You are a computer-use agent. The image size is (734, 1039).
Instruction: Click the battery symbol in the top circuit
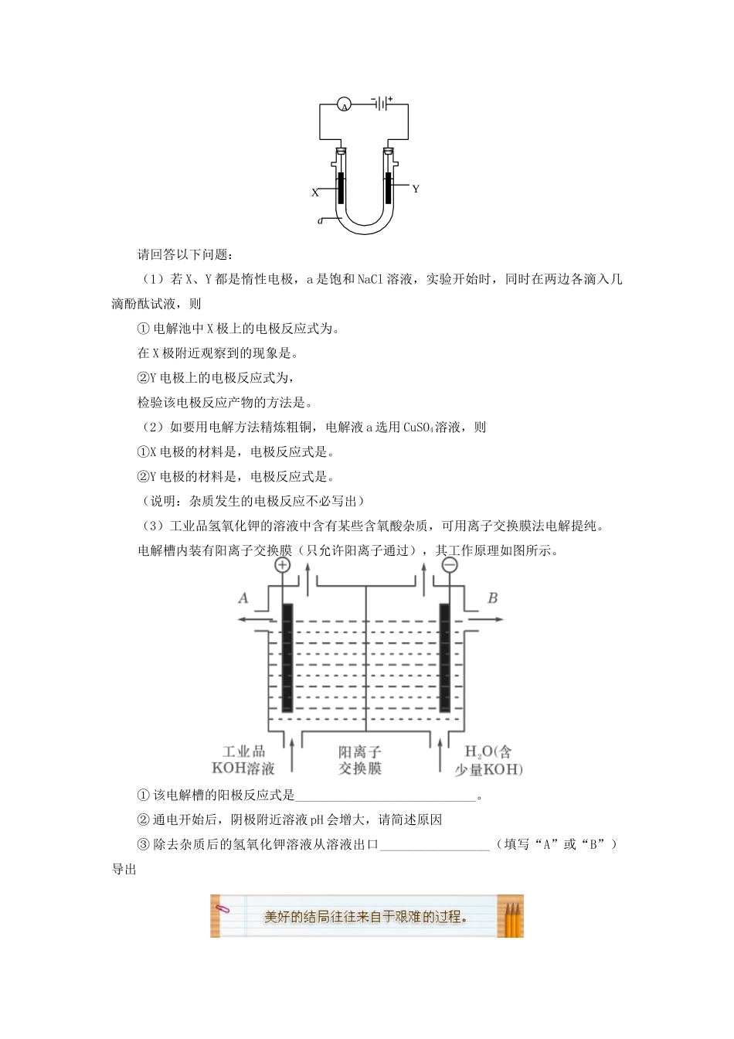(x=382, y=104)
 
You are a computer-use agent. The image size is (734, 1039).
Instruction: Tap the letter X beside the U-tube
(x=315, y=193)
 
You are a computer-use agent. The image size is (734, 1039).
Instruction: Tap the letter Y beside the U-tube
(x=416, y=189)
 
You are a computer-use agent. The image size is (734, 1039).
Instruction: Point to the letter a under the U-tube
(x=320, y=221)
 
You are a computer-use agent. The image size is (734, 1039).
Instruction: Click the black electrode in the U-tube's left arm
(x=341, y=188)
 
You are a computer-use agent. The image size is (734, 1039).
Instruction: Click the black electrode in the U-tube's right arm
(x=389, y=188)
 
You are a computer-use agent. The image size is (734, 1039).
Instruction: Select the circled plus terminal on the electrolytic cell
(x=282, y=565)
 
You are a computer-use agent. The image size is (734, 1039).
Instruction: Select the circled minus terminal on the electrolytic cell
(x=450, y=565)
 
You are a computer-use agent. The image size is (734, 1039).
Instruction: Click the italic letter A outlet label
(x=243, y=598)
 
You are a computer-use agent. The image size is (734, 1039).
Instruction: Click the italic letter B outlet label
(x=493, y=598)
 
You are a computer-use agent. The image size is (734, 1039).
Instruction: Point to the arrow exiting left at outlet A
(x=253, y=619)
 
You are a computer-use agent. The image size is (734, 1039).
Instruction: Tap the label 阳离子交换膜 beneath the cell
(x=360, y=759)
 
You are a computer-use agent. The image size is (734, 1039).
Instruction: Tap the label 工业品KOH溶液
(x=243, y=759)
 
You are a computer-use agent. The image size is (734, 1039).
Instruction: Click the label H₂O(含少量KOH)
(x=493, y=759)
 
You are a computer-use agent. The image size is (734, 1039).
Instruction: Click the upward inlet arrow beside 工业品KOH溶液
(x=291, y=753)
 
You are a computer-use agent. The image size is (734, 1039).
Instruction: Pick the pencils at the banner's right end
(x=511, y=917)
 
